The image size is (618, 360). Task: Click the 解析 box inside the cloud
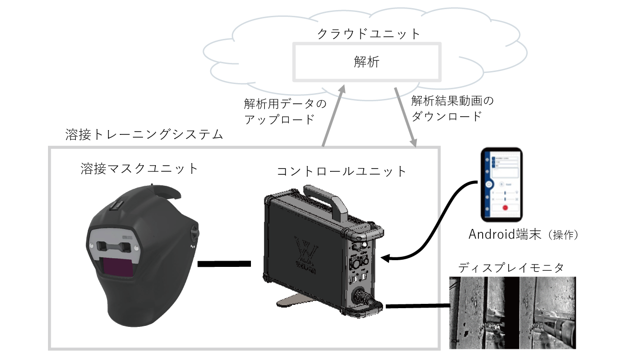tap(367, 62)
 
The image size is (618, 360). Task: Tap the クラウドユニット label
tap(369, 34)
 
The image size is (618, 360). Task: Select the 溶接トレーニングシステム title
tap(144, 134)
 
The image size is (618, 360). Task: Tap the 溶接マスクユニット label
tap(140, 168)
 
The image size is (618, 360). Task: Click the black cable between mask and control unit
tap(224, 263)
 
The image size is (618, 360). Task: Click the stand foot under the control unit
tap(293, 302)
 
